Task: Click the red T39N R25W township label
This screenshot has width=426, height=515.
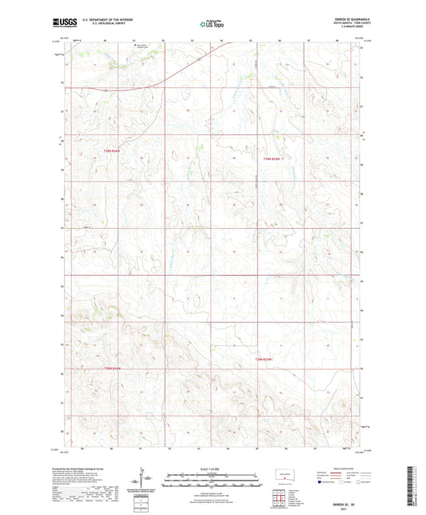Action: [273, 158]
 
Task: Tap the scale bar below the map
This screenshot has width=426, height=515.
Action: [212, 481]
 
